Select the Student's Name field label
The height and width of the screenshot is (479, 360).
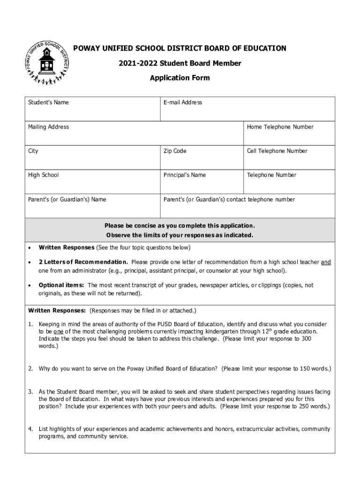coord(48,102)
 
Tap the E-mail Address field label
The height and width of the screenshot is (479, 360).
coord(183,102)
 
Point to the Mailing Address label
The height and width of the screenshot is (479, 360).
coord(48,127)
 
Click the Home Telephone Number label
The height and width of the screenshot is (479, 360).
coord(280,127)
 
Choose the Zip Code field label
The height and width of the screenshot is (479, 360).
coord(175,151)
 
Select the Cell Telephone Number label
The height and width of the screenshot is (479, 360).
coord(277,151)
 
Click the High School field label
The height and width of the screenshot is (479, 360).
coord(43,175)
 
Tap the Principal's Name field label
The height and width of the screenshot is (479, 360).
coord(185,175)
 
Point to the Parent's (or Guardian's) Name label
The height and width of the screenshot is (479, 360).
coord(67,199)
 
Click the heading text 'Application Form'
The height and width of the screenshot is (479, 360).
coord(180,78)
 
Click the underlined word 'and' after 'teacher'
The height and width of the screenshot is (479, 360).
coord(326,262)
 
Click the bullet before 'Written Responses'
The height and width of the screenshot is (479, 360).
coord(30,247)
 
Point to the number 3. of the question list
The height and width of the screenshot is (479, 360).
coord(30,391)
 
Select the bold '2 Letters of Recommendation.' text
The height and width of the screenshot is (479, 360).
coord(83,262)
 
